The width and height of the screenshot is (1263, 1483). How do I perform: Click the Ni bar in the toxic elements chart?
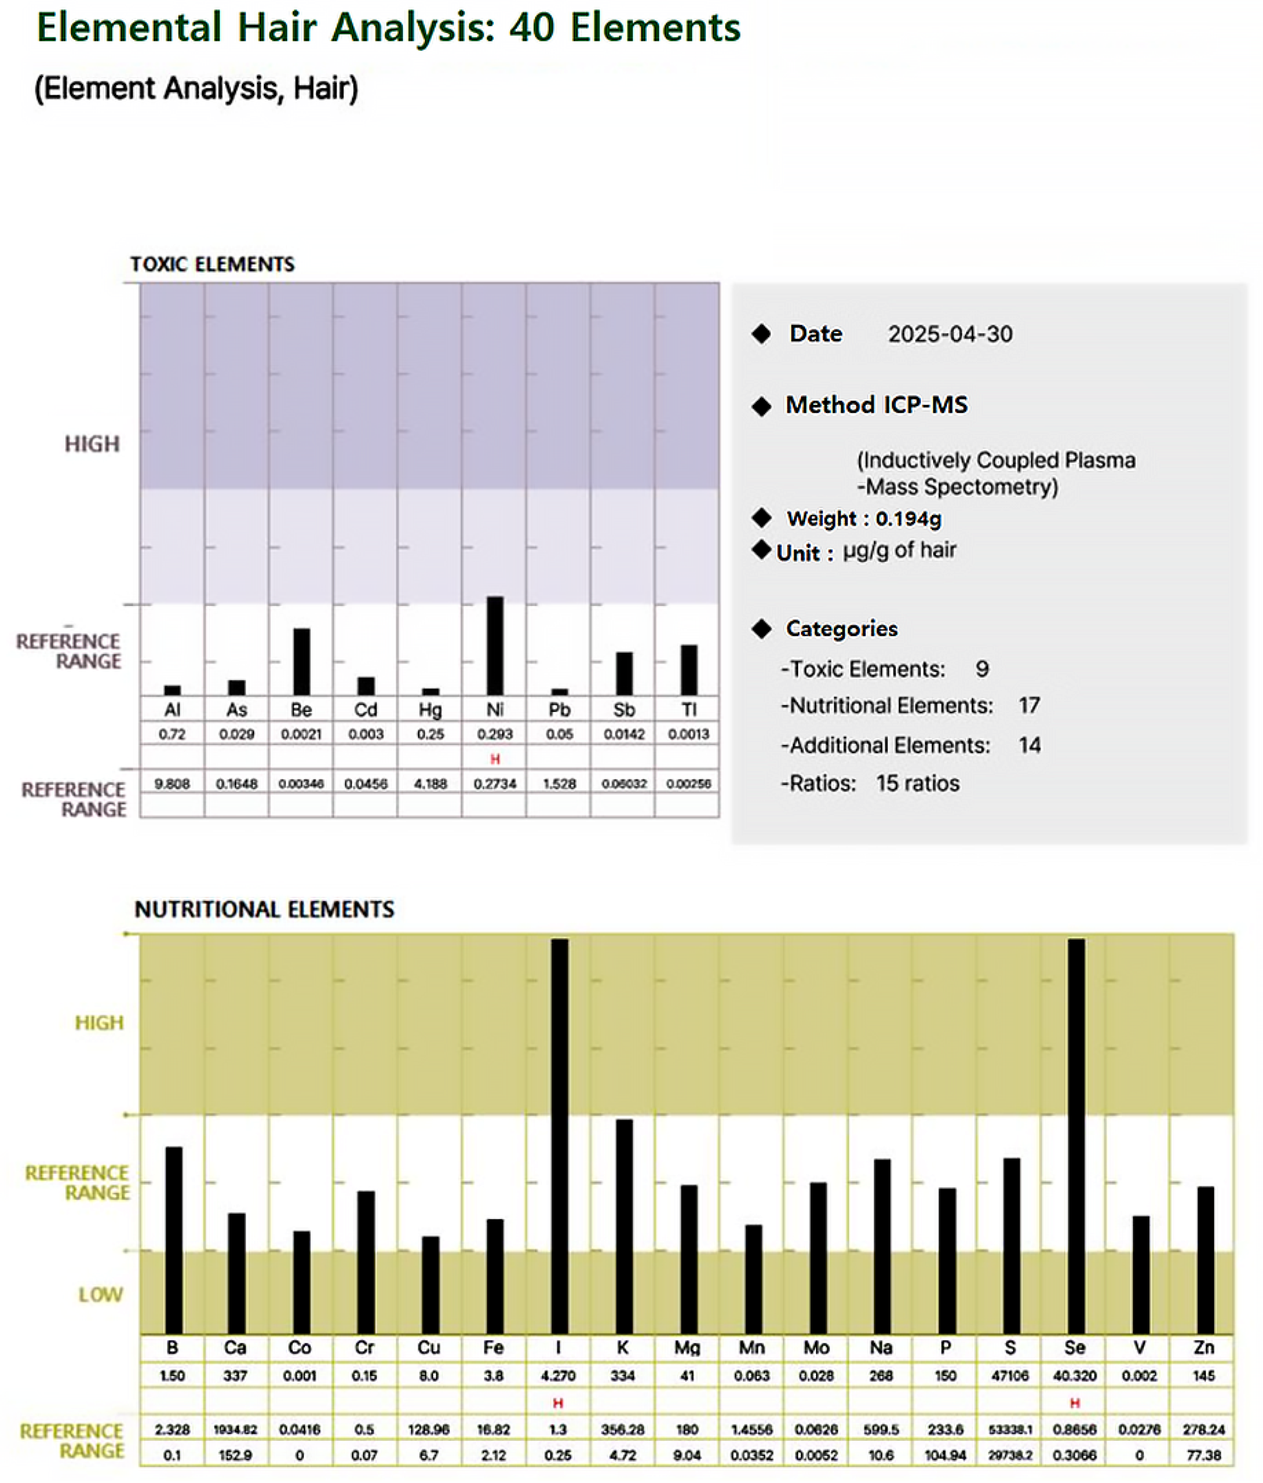pos(495,646)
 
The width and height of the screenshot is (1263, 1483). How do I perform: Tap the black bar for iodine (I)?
pos(559,1137)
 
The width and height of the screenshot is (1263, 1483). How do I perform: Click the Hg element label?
pos(430,709)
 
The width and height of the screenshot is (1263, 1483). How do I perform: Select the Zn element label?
pos(1203,1348)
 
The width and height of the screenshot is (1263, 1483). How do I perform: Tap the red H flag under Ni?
pos(495,759)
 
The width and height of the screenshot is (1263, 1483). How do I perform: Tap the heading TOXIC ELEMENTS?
pos(212,264)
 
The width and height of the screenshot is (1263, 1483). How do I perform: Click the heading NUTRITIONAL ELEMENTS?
pos(264,909)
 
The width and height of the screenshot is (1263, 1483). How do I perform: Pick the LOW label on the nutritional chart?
pos(100,1294)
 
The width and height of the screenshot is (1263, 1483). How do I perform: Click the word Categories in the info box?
pos(842,628)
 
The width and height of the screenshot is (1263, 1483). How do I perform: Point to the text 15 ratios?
pos(917,783)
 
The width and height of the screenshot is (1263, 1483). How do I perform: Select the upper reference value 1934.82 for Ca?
pos(235,1429)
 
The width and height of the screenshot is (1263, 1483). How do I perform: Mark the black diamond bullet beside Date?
pos(762,333)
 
